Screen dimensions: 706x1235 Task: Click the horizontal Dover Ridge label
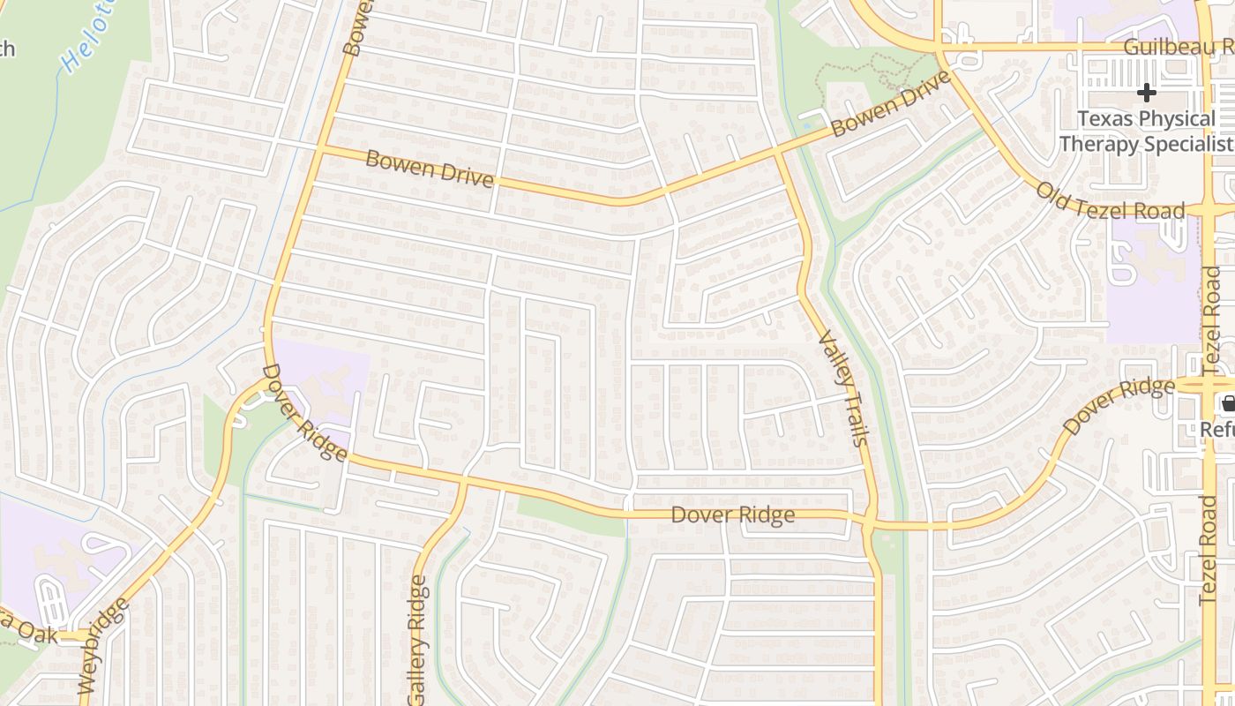point(732,514)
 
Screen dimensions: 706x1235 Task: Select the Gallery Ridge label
point(416,637)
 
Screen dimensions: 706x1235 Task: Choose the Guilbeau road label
point(1178,47)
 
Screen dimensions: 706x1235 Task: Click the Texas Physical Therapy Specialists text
point(1146,131)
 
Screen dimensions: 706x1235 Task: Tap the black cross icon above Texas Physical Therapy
point(1146,92)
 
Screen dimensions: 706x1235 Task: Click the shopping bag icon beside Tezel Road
point(1228,404)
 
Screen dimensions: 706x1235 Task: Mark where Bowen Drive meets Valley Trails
point(777,153)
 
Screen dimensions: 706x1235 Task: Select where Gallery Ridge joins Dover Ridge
point(464,482)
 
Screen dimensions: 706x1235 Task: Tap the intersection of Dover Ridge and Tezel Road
point(1207,384)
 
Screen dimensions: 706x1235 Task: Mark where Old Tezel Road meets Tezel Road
point(1207,211)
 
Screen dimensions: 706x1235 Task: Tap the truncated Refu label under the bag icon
point(1217,430)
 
